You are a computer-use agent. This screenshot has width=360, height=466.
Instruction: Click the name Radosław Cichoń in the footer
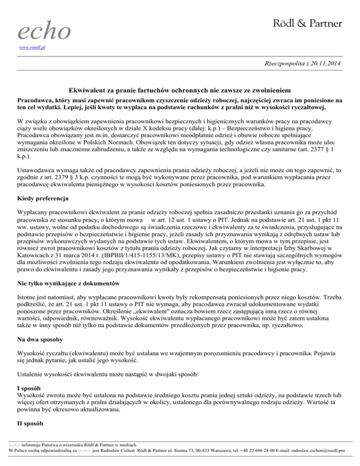click(x=114, y=450)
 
